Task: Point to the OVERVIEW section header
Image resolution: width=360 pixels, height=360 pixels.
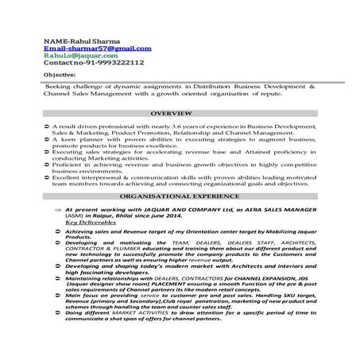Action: point(180,114)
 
